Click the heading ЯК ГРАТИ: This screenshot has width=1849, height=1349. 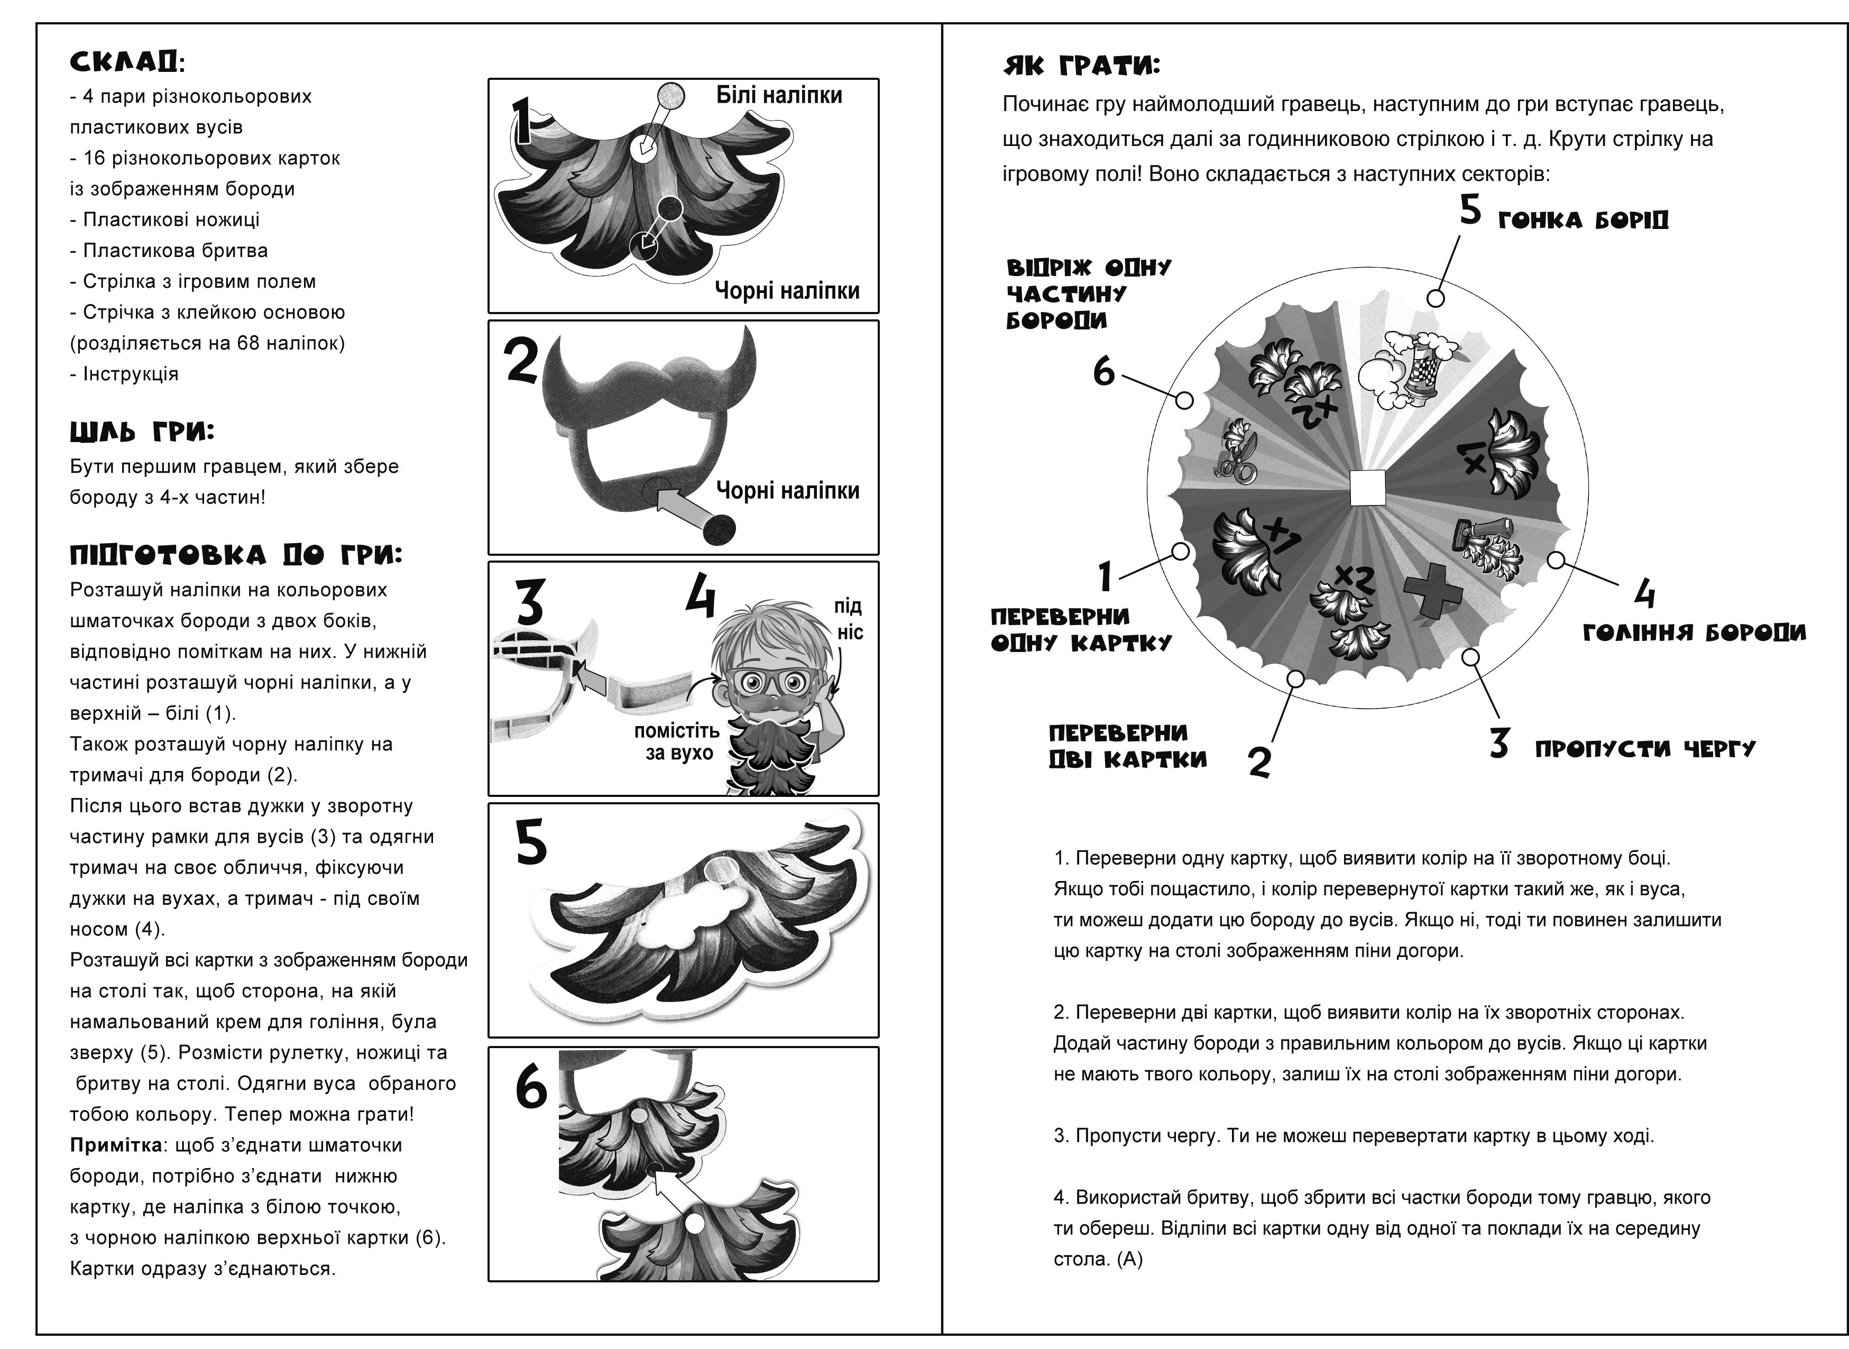click(1082, 66)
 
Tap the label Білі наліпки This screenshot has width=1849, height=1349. click(779, 96)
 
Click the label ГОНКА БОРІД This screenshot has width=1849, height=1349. click(1583, 221)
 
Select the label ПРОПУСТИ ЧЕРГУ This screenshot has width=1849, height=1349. click(1645, 749)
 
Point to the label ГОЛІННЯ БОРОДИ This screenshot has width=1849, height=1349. click(1695, 633)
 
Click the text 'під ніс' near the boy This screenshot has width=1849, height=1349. click(849, 618)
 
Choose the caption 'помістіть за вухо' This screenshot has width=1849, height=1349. click(677, 741)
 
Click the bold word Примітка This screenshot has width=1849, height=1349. click(116, 1145)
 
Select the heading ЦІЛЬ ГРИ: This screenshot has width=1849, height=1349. click(142, 432)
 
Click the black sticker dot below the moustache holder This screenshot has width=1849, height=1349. click(719, 528)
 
